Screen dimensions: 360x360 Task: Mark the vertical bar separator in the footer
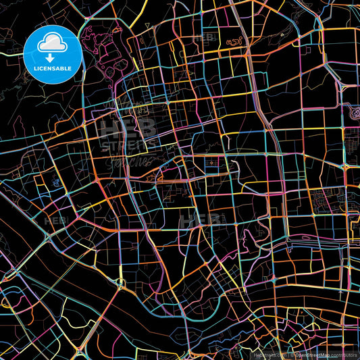coord(288,354)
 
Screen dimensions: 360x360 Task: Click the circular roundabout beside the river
coord(80,335)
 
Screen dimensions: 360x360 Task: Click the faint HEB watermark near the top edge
coord(205,38)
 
